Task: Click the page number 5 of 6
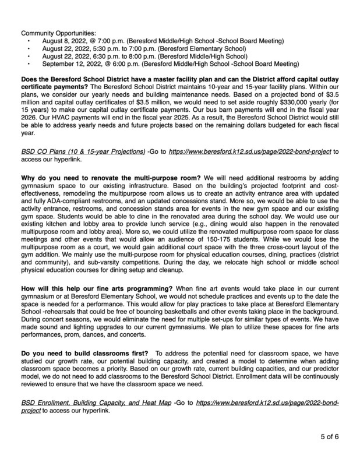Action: (x=332, y=436)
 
